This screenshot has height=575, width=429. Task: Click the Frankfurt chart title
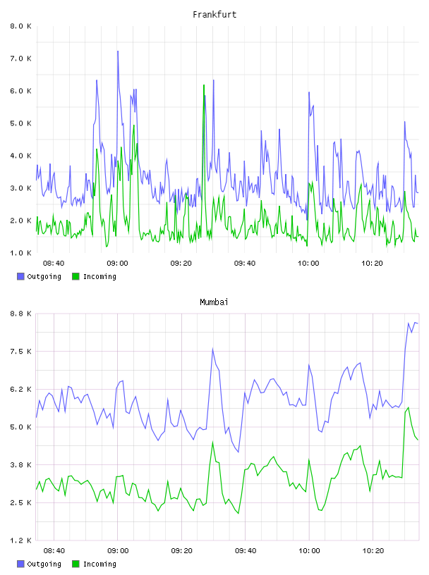214,15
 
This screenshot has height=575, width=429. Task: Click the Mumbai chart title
214,302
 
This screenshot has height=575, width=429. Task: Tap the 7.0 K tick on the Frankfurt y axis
21,58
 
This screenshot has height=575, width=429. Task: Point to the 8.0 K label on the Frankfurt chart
21,26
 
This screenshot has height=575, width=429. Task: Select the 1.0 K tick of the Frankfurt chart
21,253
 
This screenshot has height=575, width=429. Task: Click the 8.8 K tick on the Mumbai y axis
21,314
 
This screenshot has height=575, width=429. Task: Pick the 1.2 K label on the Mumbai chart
21,540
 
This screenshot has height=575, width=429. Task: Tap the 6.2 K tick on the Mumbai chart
21,390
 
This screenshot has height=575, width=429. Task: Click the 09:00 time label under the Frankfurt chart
118,264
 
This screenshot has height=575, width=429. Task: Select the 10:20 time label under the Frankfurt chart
372,264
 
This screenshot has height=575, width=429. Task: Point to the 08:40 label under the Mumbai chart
54,551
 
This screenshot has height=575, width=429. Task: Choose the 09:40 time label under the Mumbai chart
246,551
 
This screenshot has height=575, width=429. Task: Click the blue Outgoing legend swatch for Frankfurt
20,276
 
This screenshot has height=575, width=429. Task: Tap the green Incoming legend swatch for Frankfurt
75,276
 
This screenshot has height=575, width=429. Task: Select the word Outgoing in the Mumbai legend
44,564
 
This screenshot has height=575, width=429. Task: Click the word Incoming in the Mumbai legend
99,564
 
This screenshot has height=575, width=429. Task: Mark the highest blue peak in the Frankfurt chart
118,51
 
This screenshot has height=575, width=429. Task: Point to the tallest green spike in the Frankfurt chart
204,85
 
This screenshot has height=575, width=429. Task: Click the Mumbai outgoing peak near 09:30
212,349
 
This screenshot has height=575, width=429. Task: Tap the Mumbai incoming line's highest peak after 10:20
408,407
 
